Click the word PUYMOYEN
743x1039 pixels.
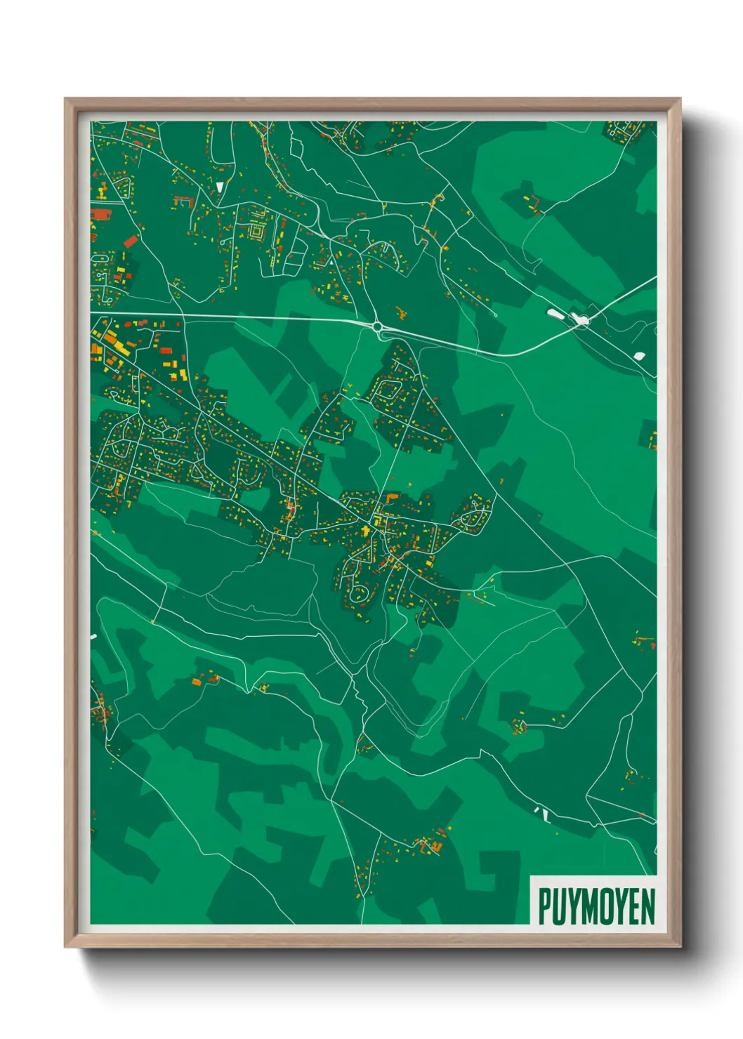click(x=596, y=906)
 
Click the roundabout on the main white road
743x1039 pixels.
click(x=379, y=326)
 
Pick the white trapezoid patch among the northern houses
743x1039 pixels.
click(x=220, y=187)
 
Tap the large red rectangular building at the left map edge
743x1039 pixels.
click(x=101, y=214)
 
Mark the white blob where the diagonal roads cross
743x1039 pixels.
click(x=581, y=320)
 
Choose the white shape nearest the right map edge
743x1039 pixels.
click(x=639, y=356)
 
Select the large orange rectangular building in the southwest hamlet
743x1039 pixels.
click(x=197, y=681)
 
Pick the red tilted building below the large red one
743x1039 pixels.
click(x=131, y=242)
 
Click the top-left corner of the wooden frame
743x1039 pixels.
click(x=65, y=99)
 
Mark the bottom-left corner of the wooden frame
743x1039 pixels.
click(x=65, y=946)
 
